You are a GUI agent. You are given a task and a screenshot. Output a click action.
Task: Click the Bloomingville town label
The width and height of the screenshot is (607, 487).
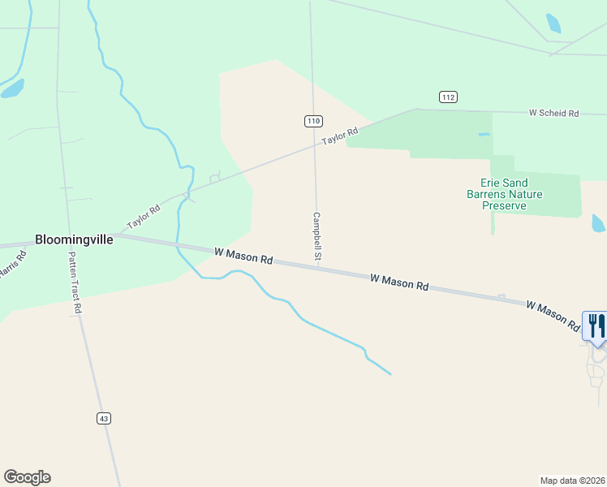[74, 240]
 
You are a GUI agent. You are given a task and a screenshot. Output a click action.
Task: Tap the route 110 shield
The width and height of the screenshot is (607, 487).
[314, 121]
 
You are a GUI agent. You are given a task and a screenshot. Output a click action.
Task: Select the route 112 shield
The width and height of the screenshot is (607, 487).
[448, 97]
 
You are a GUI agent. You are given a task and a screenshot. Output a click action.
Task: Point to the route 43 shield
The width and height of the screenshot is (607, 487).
[103, 418]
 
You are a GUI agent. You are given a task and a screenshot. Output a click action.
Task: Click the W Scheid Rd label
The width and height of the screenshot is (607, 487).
[553, 114]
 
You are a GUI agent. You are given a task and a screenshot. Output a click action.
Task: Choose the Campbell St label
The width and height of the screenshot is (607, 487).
[317, 237]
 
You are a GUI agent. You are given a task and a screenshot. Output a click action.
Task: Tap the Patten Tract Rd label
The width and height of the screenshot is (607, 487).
[75, 281]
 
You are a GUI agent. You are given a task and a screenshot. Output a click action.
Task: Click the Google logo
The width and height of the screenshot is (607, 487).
[27, 477]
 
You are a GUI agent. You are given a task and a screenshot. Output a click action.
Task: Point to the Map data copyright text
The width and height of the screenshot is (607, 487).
[572, 480]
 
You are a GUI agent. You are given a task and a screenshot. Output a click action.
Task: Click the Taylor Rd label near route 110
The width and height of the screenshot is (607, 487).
[339, 136]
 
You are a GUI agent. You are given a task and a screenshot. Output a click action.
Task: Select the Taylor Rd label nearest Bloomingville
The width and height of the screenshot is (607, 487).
[144, 218]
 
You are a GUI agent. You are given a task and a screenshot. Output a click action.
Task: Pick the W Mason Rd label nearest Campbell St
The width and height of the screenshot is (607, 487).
[243, 256]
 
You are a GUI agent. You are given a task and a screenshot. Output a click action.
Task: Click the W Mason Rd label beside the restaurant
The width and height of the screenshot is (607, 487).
[552, 316]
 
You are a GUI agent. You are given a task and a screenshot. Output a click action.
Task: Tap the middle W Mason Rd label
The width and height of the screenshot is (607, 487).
[399, 282]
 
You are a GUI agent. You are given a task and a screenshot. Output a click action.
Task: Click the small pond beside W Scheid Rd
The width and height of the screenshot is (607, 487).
[484, 134]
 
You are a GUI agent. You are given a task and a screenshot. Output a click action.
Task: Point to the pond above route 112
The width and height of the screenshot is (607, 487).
[553, 23]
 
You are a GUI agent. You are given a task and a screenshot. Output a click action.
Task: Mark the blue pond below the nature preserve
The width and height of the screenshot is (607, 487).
[599, 222]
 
